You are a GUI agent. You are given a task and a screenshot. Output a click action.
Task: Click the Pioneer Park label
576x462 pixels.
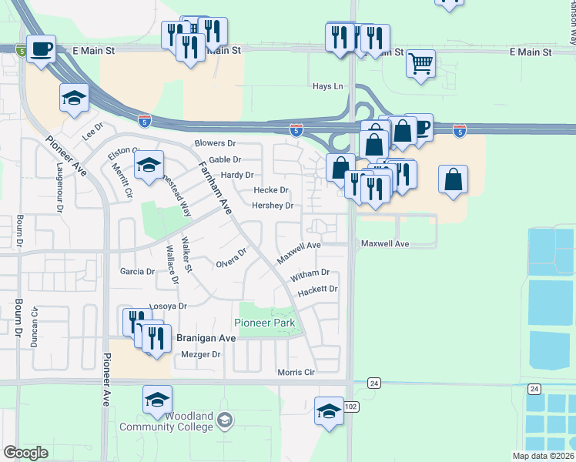(265, 323)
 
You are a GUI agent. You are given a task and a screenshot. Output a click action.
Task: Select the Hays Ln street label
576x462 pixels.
(327, 86)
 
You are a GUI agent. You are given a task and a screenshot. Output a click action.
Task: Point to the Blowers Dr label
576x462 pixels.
(215, 143)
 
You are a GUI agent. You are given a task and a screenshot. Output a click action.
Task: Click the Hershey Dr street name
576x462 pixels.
(273, 206)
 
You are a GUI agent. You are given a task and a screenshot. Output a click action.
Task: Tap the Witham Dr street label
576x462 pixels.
(310, 273)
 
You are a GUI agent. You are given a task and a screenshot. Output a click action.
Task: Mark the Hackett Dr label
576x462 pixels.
(317, 289)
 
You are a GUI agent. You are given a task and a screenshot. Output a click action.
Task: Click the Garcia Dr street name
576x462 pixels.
(139, 271)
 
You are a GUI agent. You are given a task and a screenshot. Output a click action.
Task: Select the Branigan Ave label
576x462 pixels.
(206, 338)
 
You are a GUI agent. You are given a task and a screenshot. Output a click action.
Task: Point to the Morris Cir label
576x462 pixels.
(296, 373)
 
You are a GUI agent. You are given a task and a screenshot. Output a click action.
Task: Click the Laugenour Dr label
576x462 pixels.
(59, 186)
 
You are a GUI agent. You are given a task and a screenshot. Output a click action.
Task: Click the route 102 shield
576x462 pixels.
(351, 407)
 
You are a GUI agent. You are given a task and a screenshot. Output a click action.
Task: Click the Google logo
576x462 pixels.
(25, 453)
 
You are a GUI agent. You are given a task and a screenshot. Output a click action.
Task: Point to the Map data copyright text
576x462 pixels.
(542, 456)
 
